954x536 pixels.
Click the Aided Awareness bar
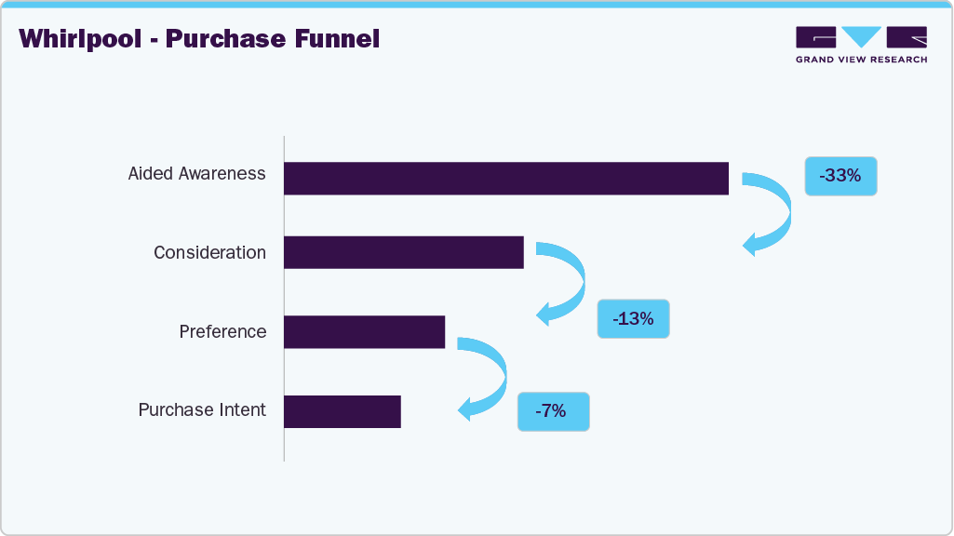505,179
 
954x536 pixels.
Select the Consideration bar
403,252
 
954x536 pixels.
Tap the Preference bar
364,331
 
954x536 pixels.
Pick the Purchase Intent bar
342,410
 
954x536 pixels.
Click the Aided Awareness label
196,174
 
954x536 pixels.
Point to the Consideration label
209,253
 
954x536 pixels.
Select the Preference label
222,332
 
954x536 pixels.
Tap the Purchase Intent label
202,410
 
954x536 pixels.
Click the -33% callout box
840,176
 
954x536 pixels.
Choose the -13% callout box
633,319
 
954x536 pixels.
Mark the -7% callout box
553,411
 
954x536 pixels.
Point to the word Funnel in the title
336,39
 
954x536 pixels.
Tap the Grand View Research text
861,60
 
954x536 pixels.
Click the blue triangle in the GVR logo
862,36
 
